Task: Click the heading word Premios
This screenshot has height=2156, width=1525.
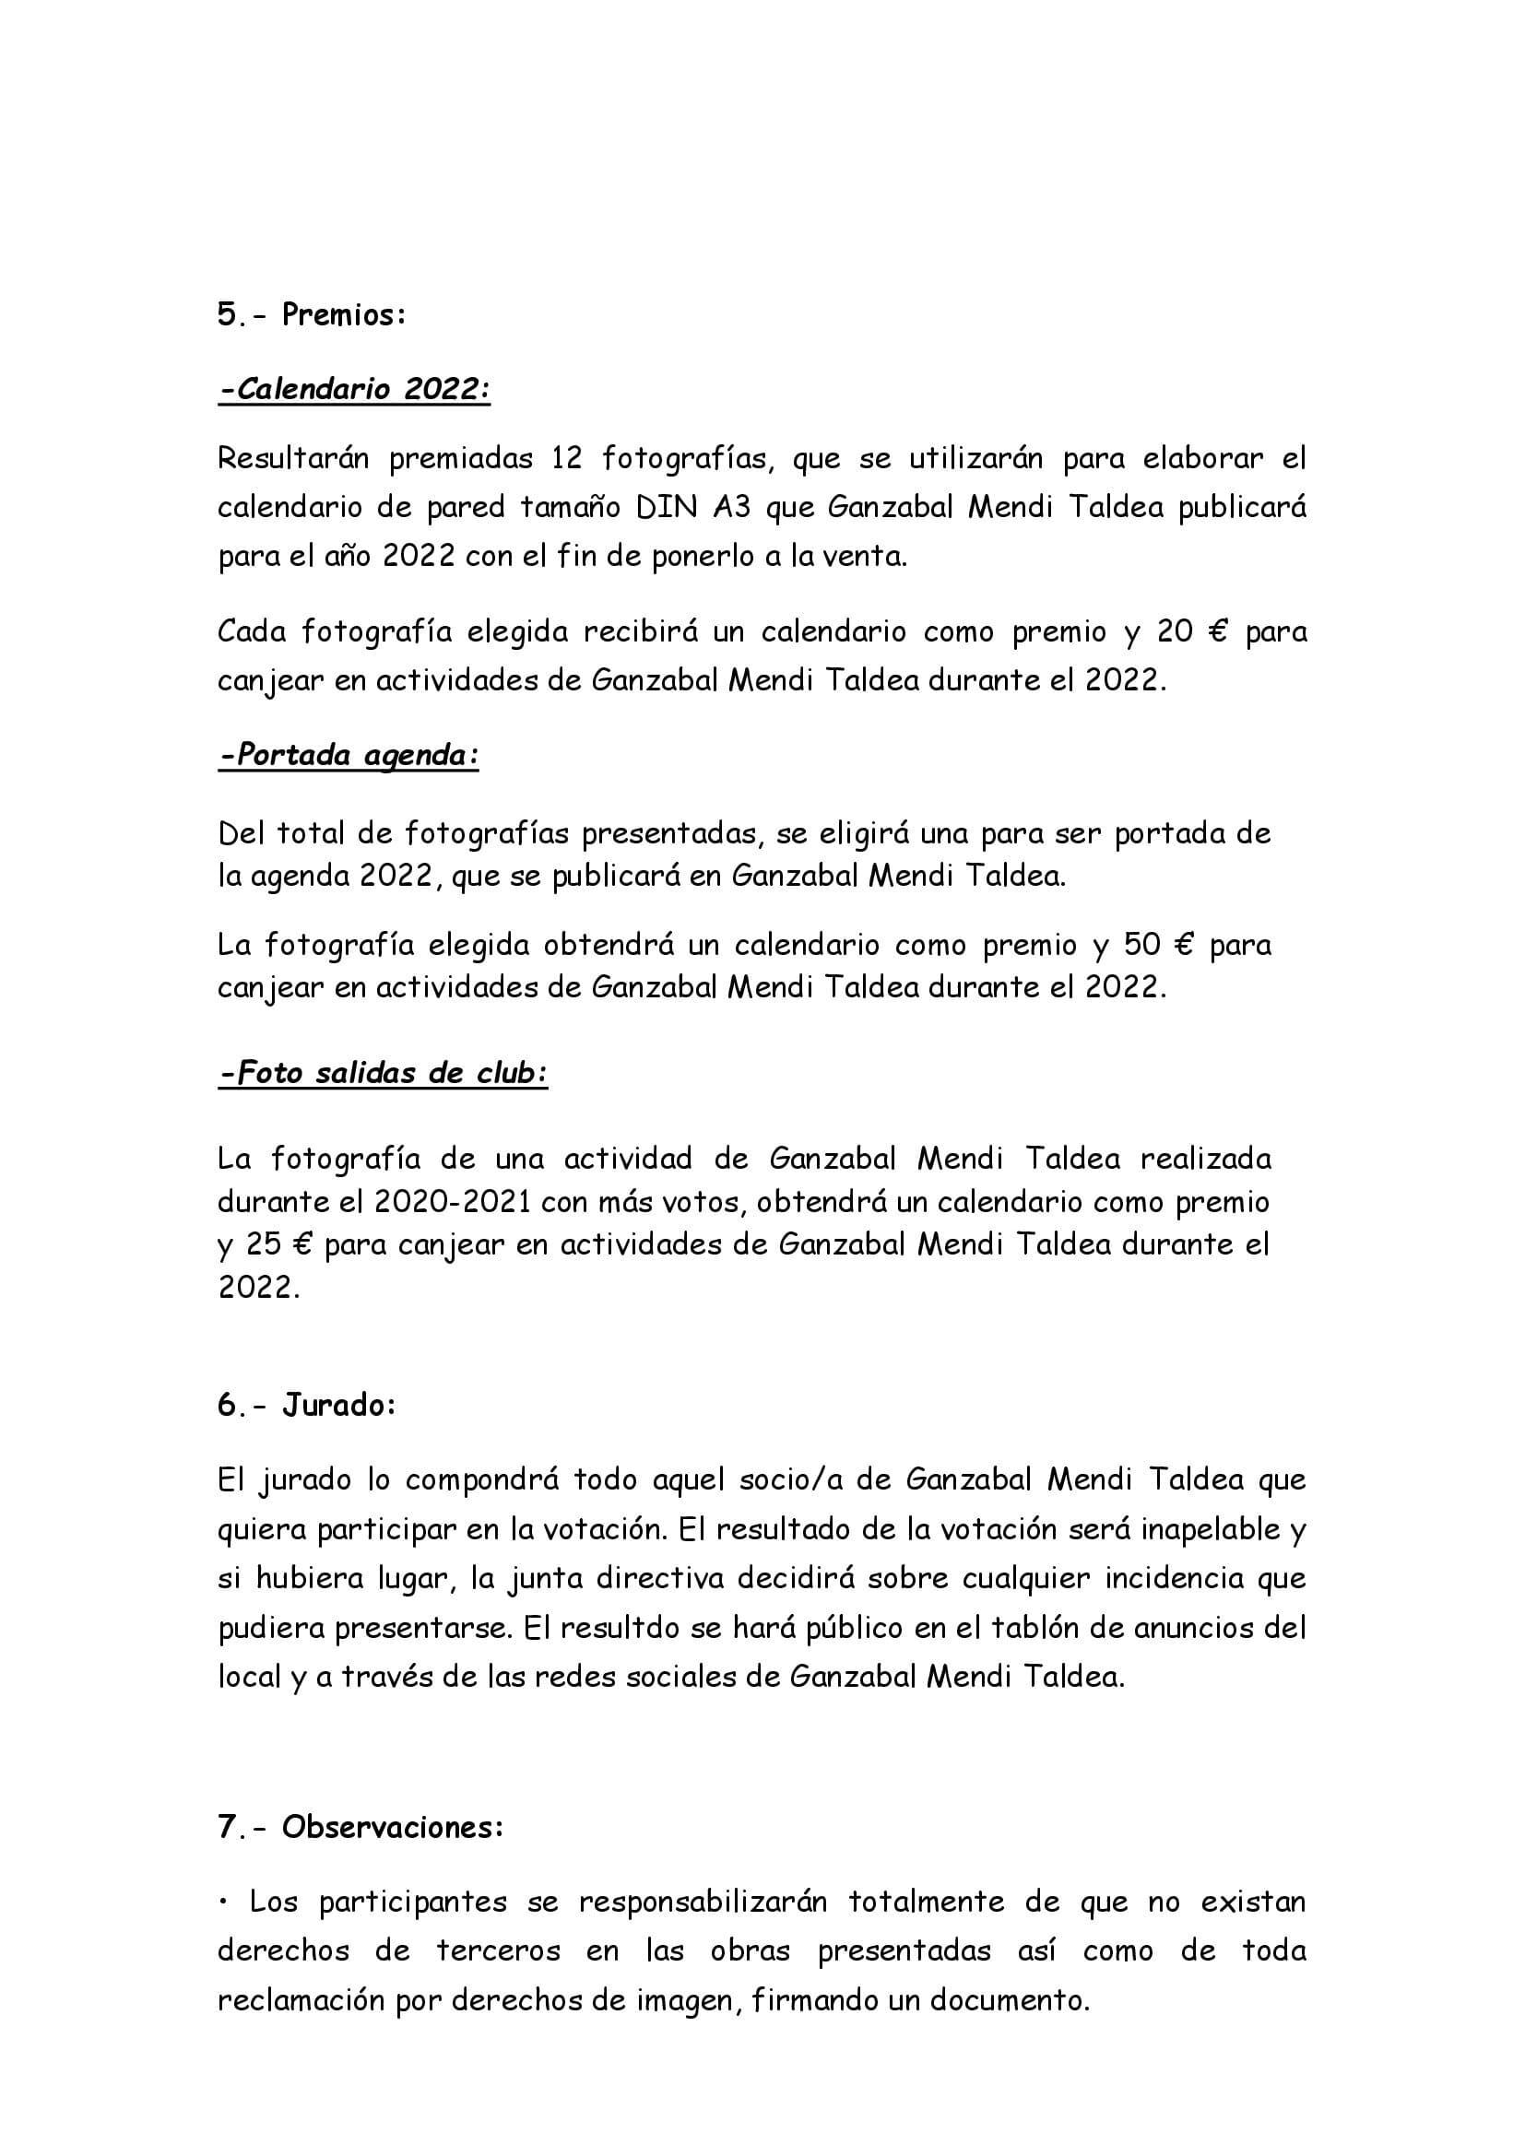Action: pyautogui.click(x=344, y=314)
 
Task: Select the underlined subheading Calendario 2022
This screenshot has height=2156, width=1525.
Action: pyautogui.click(x=355, y=389)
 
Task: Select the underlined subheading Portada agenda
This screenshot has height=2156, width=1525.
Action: pyautogui.click(x=349, y=755)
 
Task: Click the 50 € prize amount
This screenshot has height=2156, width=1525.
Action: pyautogui.click(x=1158, y=944)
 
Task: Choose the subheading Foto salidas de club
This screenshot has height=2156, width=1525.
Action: pyautogui.click(x=384, y=1072)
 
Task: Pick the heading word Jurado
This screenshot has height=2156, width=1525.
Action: pyautogui.click(x=338, y=1405)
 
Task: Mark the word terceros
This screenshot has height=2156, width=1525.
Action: pyautogui.click(x=498, y=1950)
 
